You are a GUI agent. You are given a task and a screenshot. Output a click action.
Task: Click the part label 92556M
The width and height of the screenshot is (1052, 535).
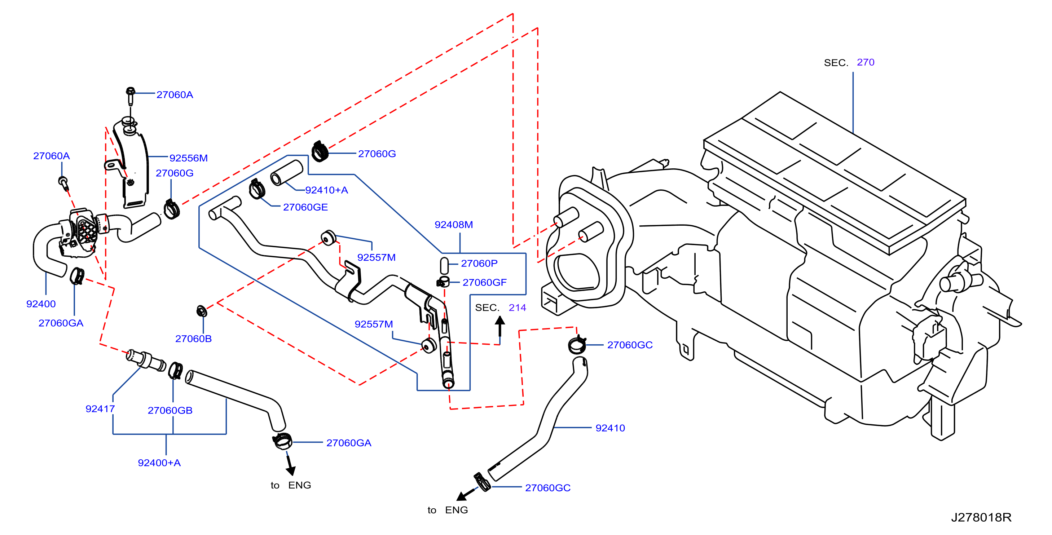pos(188,158)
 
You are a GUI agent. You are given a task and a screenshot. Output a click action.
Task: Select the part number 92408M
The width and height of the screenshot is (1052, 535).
pos(454,225)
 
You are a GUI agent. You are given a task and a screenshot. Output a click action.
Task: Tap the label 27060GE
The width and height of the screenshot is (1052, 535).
pos(305,207)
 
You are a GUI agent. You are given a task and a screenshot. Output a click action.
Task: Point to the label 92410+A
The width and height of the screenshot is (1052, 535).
pos(326,190)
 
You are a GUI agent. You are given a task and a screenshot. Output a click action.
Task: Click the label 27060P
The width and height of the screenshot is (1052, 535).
pos(479,264)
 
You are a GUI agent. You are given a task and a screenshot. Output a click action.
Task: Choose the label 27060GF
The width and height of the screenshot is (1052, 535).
pos(484,282)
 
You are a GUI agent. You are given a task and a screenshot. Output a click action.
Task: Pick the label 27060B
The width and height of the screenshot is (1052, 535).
pos(193,339)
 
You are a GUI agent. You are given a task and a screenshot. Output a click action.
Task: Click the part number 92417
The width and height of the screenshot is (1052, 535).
pos(100,408)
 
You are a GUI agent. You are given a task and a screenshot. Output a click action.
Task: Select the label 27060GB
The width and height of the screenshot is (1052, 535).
pos(170,411)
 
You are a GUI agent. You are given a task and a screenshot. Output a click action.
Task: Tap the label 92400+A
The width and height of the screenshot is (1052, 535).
pos(159,463)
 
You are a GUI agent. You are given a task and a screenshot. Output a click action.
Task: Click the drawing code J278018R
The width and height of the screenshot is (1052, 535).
pos(981,517)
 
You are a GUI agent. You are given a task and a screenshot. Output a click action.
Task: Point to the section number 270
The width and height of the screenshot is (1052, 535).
pos(866,62)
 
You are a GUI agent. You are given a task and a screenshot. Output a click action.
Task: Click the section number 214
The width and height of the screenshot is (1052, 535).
pos(517,308)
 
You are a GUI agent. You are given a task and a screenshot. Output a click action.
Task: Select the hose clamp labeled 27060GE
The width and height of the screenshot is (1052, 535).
pos(257,189)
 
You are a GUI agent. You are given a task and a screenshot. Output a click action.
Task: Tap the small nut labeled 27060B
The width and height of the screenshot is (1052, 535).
pos(202,311)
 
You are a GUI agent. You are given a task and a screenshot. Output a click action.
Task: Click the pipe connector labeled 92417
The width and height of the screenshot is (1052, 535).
pos(146,360)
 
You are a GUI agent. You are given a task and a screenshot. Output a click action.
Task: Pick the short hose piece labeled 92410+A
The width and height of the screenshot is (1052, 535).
pos(287,173)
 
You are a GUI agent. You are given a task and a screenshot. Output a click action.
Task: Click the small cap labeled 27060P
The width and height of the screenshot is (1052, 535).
pos(444,266)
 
